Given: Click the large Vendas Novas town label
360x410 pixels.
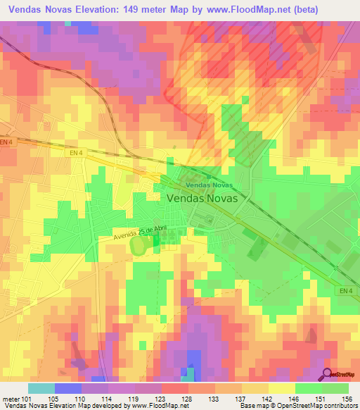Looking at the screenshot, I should (202, 199).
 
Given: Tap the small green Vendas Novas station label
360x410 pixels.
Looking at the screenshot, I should (208, 185).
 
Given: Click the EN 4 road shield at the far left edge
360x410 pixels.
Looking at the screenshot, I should (7, 142).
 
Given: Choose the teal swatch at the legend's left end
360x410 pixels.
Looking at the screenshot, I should (41, 388).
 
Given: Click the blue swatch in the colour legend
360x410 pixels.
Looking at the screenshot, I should (68, 388).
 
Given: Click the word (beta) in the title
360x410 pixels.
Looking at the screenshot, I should (285, 10).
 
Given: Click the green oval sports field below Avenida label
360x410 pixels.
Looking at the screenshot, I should (141, 245).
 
